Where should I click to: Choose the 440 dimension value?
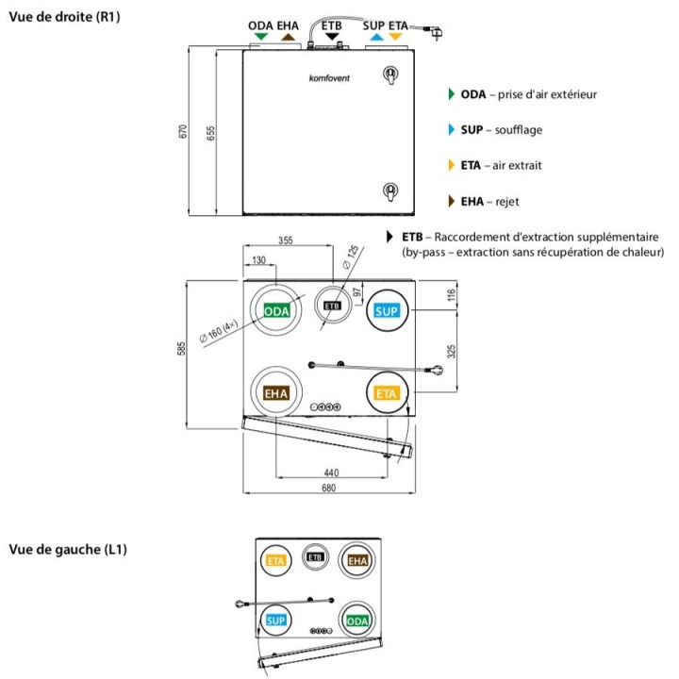pyautogui.click(x=329, y=472)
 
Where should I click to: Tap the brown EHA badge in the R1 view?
pyautogui.click(x=276, y=393)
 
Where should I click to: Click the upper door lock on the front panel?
pyautogui.click(x=387, y=75)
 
